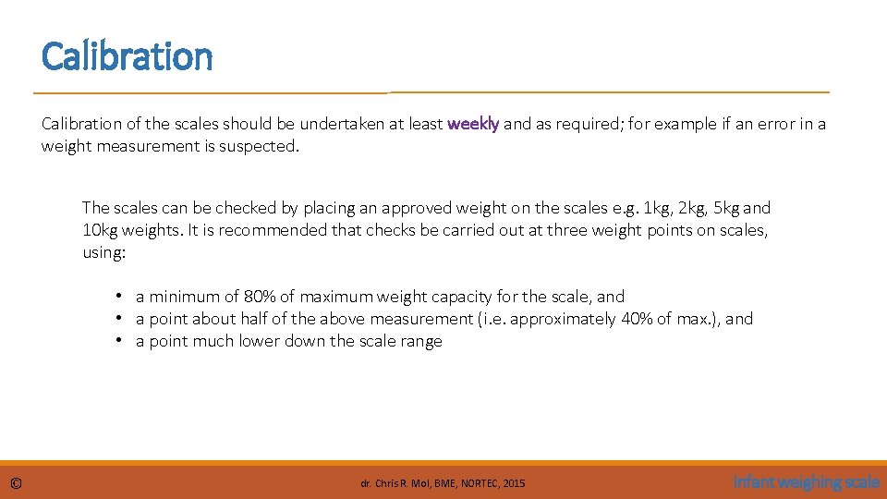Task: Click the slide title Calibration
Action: tap(127, 56)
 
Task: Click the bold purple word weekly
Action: tap(473, 124)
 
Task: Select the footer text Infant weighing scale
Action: tap(806, 481)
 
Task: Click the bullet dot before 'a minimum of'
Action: tap(120, 297)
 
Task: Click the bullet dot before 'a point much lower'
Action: tap(120, 341)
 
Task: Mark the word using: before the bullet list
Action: tap(103, 252)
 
